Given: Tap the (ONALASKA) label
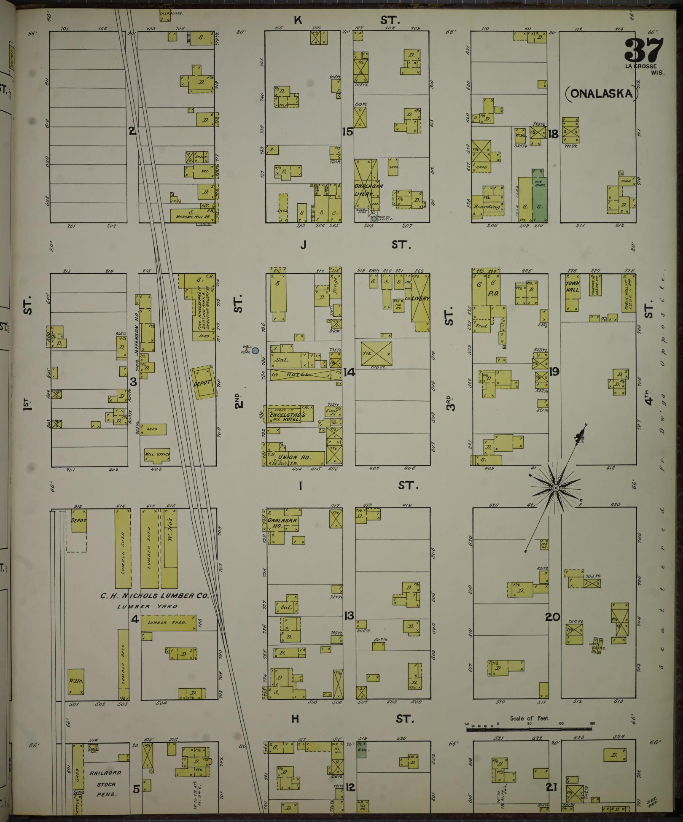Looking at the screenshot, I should point(601,94).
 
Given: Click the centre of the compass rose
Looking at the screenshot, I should point(555,488).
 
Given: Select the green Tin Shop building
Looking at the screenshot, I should point(538,196).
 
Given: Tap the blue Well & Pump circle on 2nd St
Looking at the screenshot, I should point(255,350).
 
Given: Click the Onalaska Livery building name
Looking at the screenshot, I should point(365,190).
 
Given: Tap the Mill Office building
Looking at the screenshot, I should point(157,455).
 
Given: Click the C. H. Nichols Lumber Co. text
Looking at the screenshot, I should point(154,596).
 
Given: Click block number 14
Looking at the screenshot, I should point(349,372).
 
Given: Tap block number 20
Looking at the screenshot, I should point(552,617).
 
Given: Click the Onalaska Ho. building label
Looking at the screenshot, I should point(282,523).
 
